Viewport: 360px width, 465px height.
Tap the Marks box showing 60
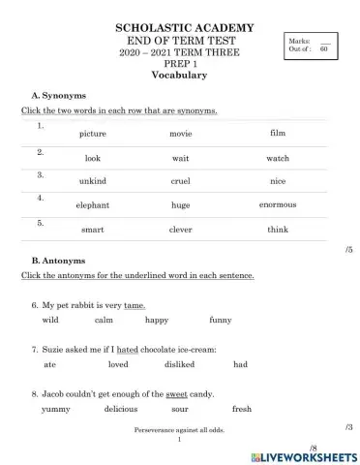point(309,44)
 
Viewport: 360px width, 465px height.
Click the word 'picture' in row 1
point(93,134)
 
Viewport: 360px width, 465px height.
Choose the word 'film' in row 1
point(278,132)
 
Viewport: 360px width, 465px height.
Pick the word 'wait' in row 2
point(180,157)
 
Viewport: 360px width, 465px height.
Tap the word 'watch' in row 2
point(278,157)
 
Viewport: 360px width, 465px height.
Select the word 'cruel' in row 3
point(180,181)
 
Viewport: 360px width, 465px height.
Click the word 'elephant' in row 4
point(93,205)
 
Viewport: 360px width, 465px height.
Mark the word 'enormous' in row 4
point(278,204)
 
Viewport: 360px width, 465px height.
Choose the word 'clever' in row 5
point(180,230)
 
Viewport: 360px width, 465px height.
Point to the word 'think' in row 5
point(278,230)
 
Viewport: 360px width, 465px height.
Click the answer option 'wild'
point(51,320)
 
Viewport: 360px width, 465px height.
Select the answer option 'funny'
point(221,320)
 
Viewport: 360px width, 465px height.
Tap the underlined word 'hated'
point(128,349)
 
